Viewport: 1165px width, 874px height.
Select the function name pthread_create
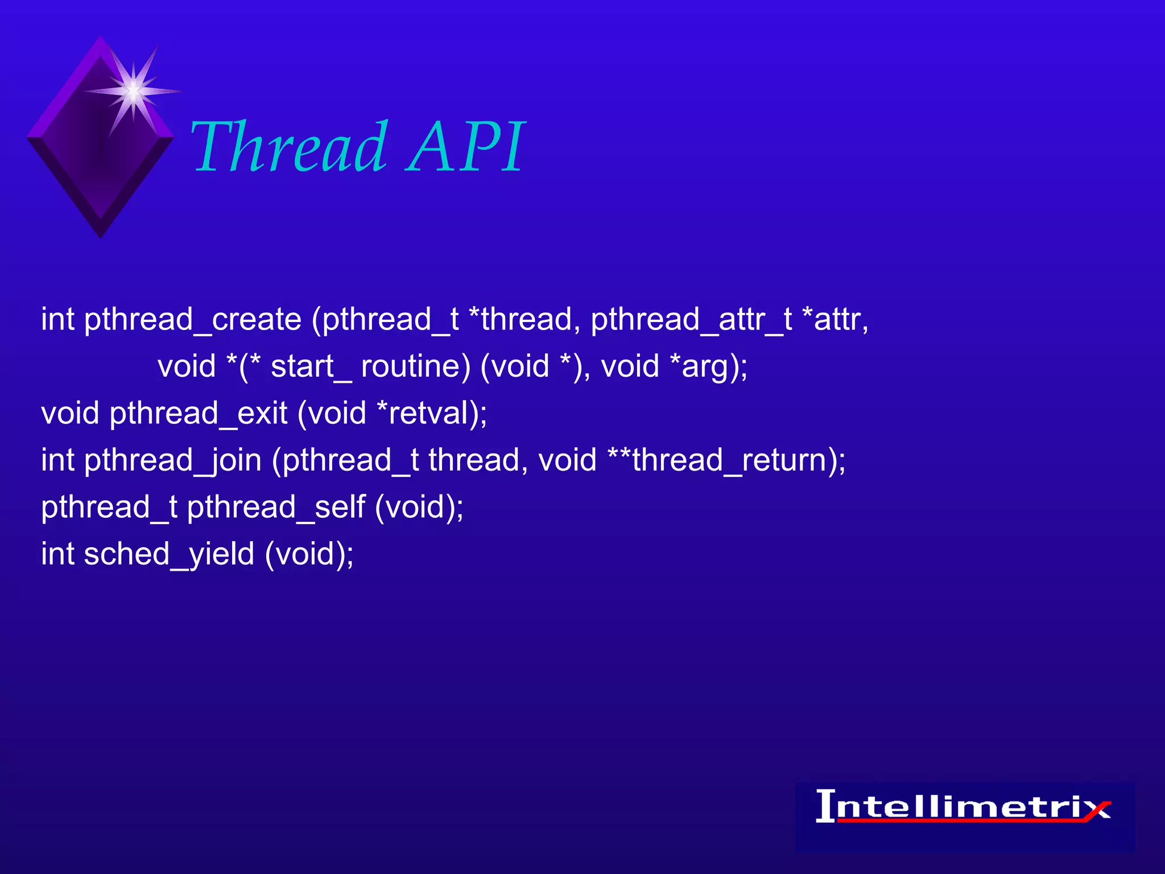[192, 320]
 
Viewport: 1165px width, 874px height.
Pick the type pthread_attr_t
[691, 320]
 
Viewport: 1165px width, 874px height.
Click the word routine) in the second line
[416, 366]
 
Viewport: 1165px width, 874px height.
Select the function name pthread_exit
[198, 414]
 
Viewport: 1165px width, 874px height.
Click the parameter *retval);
[432, 414]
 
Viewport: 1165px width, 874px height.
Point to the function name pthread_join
[172, 460]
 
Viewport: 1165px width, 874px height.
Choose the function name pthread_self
[276, 507]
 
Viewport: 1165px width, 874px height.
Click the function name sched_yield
[169, 554]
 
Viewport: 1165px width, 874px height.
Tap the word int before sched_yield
[57, 554]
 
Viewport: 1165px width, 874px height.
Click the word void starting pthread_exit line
[70, 414]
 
